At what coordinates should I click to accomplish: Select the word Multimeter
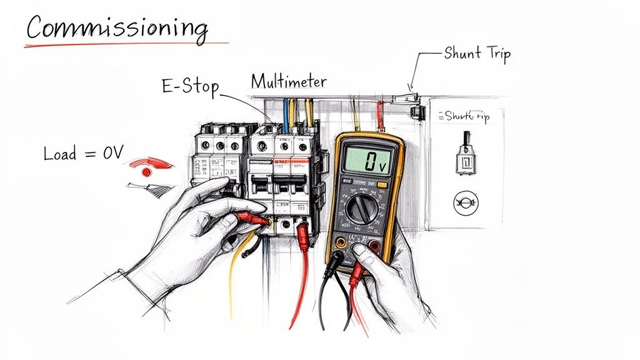(288, 81)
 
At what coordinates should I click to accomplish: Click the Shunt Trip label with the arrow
(477, 53)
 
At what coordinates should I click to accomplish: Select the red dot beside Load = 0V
(147, 171)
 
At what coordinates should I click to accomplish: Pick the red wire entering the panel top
(379, 116)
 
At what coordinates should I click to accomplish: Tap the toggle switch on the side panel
(465, 154)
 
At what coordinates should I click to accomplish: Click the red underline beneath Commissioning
(125, 45)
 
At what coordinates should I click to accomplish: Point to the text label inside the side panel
(465, 116)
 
